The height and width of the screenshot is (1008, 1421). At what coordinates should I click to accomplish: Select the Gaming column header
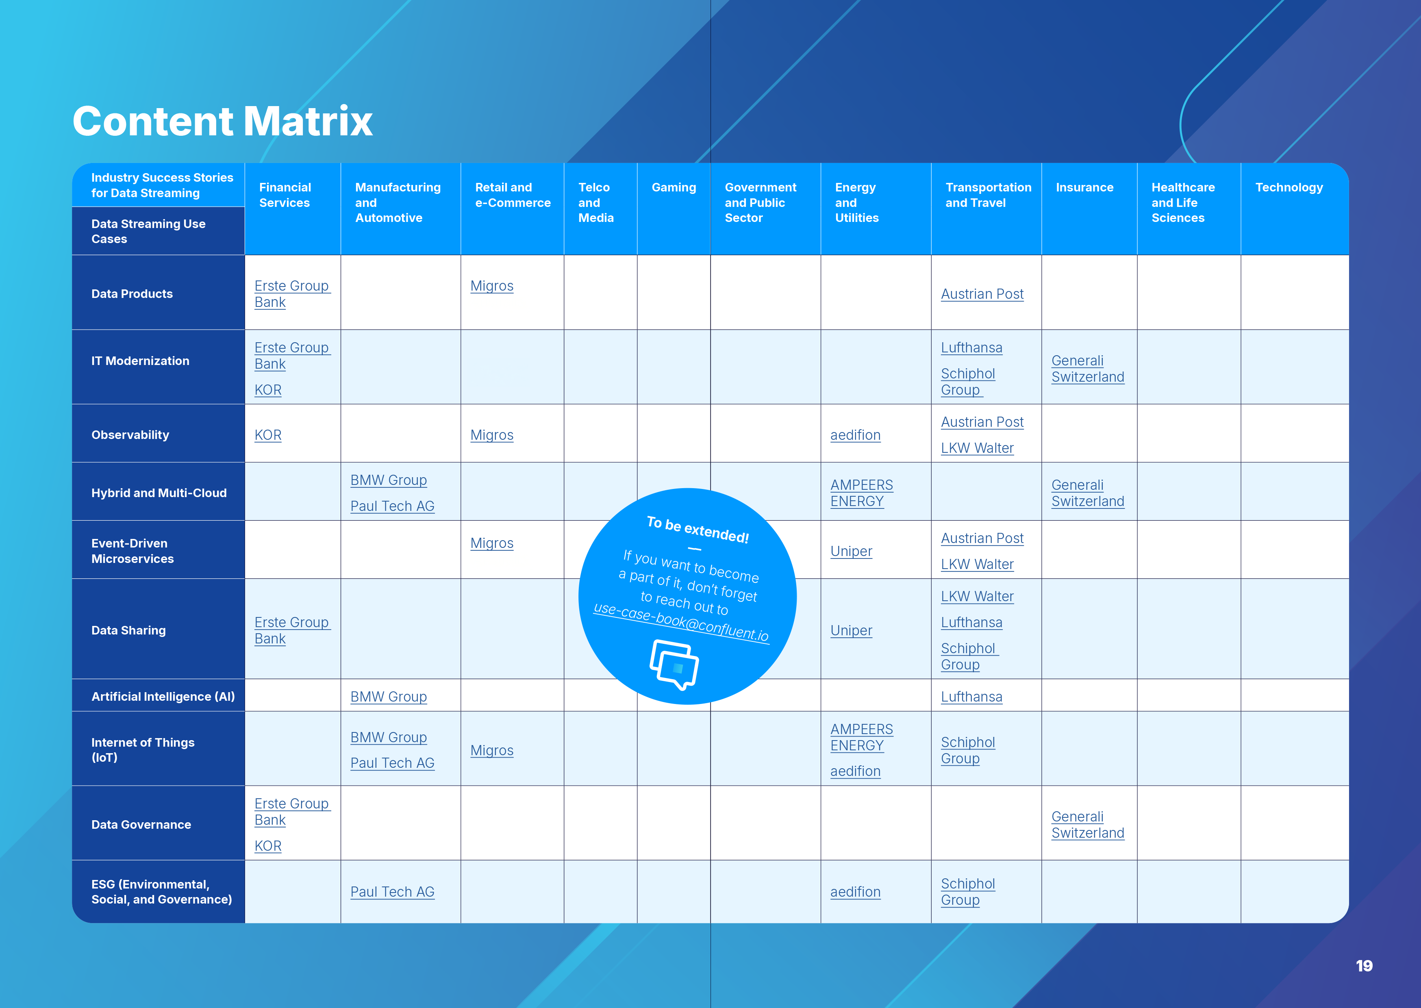pos(674,187)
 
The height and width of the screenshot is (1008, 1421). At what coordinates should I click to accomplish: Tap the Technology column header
pos(1289,187)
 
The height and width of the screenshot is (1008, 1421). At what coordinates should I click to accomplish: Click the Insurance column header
pos(1085,187)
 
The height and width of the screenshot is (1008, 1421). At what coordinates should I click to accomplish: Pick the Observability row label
pos(130,434)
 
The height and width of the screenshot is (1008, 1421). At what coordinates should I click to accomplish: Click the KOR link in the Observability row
pos(268,435)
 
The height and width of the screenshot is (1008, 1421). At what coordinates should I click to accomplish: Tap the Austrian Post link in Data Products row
pos(982,294)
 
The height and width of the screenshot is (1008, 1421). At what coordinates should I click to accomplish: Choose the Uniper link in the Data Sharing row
pos(852,631)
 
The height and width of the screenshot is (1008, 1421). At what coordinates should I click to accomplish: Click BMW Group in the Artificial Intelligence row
pos(389,697)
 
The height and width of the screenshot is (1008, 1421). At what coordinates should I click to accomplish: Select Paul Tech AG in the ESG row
pos(392,892)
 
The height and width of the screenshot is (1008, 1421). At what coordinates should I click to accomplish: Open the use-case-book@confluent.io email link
pos(681,622)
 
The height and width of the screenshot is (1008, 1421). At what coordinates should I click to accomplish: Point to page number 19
pos(1364,966)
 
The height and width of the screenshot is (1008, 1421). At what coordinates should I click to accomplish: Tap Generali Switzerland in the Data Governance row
pos(1088,825)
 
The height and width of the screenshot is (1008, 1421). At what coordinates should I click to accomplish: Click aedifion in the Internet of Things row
pos(856,771)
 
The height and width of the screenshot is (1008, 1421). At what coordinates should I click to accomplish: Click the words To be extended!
pos(697,530)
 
